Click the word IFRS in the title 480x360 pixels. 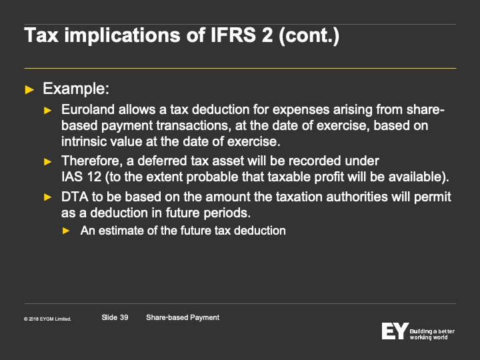point(233,35)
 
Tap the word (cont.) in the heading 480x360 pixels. point(309,36)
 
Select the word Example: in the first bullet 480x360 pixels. point(76,89)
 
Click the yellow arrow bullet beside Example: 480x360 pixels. point(29,90)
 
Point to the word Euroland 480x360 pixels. point(88,109)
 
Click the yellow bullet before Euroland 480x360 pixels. point(48,111)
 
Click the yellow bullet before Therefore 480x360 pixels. point(48,161)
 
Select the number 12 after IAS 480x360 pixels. point(94,177)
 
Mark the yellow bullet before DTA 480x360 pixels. point(48,197)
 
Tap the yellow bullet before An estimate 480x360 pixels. point(66,231)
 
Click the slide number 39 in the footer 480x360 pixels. point(124,317)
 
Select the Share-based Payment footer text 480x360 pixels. point(183,318)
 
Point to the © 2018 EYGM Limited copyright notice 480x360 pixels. point(47,319)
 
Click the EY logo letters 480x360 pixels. point(395,331)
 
